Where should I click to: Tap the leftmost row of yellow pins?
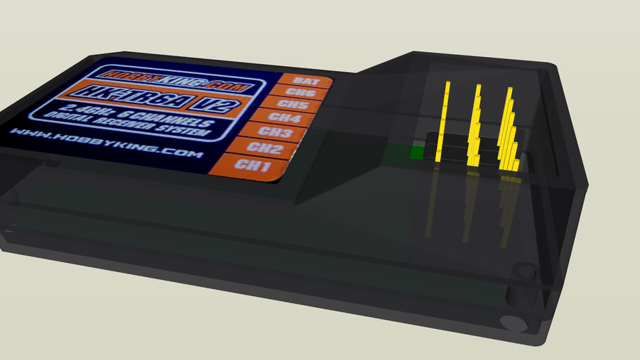443,123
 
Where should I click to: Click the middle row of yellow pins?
475,127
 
